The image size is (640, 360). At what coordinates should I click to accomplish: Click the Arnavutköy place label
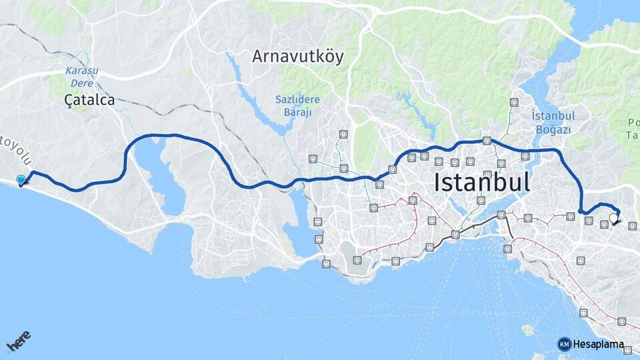[x=298, y=57]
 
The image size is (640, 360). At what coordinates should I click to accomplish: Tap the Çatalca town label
[x=89, y=100]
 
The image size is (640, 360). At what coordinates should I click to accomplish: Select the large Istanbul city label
[x=482, y=181]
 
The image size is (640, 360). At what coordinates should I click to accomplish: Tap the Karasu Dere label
[x=79, y=77]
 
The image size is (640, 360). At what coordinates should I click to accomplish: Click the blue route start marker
[x=21, y=180]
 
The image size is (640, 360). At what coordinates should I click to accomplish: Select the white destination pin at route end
[x=613, y=218]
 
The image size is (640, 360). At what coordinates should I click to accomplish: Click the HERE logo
[x=19, y=341]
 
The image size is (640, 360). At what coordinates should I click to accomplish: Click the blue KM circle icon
[x=565, y=345]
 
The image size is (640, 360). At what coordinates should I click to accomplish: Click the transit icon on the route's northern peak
[x=487, y=141]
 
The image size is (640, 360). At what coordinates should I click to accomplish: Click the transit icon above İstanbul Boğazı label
[x=513, y=103]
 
